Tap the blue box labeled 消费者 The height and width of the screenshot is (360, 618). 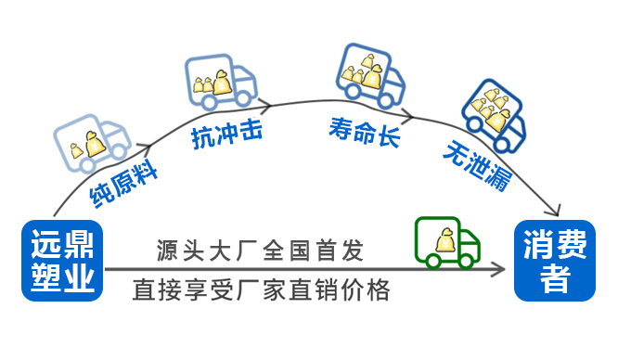555,261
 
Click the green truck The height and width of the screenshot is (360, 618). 447,243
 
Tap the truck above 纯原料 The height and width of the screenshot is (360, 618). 92,143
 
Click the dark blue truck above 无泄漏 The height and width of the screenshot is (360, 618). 494,116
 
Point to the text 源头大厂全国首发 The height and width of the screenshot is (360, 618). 261,251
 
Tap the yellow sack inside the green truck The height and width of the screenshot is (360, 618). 443,240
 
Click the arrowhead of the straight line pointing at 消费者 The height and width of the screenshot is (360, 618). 501,269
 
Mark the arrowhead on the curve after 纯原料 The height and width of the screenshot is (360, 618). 146,146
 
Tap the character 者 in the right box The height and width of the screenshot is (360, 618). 555,279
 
